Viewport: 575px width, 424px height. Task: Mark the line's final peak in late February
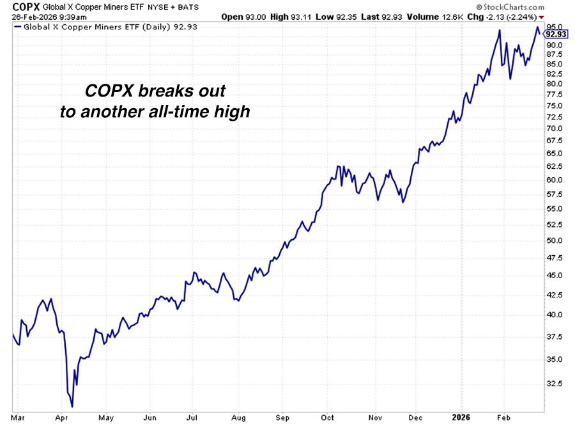tap(537, 27)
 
